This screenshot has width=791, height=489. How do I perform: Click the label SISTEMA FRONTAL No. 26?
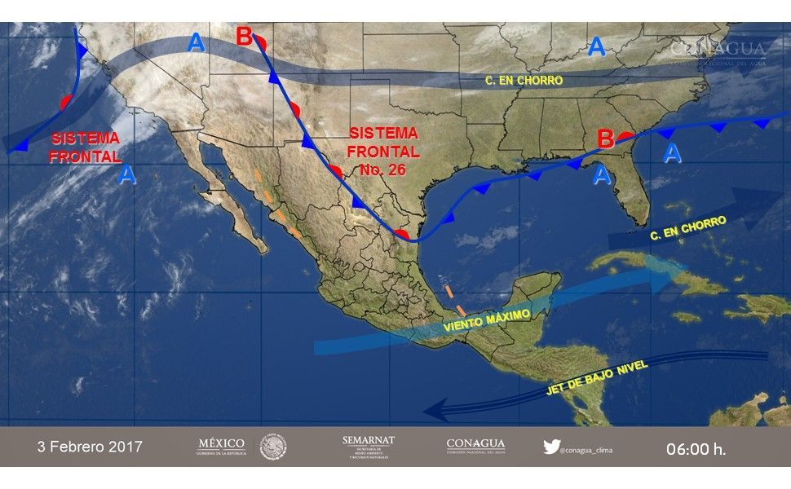point(382,151)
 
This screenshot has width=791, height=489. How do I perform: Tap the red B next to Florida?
point(605,139)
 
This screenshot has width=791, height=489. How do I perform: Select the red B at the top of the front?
point(245,37)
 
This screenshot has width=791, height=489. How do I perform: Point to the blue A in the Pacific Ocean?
point(126,174)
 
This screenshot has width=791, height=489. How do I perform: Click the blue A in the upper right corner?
point(597,46)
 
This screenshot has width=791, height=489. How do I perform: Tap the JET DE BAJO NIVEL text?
point(598,379)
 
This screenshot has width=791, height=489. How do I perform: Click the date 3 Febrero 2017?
point(90,447)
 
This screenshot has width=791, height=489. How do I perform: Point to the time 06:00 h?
point(696,448)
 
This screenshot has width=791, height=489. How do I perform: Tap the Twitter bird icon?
point(551,447)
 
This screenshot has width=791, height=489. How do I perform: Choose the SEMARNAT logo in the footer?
point(368,447)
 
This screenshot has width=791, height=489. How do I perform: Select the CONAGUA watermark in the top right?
point(718,51)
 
